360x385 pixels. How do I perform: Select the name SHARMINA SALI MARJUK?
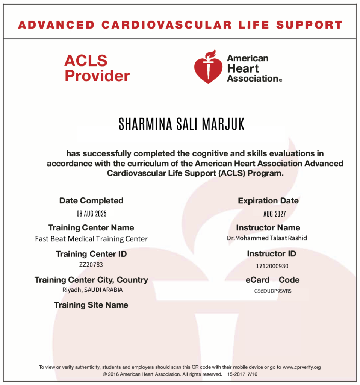point(182,124)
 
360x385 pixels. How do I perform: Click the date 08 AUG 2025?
point(91,214)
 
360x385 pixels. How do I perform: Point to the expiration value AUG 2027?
point(275,214)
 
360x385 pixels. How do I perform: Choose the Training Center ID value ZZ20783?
point(91,264)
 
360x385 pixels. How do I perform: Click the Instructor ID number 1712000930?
point(272,266)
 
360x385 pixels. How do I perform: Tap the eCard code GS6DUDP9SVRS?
point(272,291)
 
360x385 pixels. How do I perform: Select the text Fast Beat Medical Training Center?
point(91,239)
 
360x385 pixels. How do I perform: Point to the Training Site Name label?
point(91,305)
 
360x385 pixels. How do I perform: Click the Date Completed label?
point(91,201)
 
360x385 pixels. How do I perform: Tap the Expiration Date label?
point(268,201)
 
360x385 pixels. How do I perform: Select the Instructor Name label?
point(268,227)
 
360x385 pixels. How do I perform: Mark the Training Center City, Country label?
point(91,280)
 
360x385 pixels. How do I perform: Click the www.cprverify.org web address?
point(302,367)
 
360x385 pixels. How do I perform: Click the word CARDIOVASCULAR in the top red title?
point(167,25)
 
